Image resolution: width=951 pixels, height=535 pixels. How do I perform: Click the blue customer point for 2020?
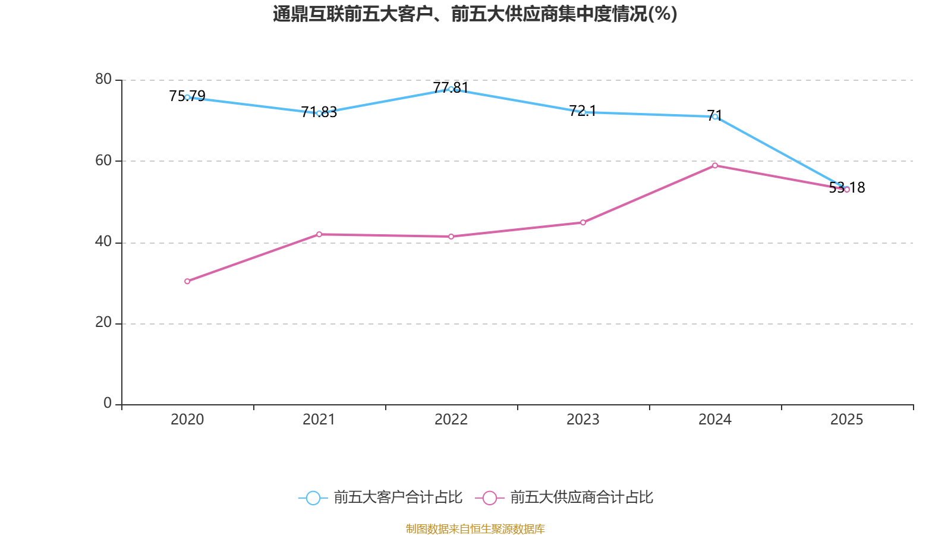[x=187, y=97]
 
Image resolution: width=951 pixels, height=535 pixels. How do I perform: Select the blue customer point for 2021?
[x=319, y=113]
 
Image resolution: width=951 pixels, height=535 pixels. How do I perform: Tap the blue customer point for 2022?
[x=451, y=89]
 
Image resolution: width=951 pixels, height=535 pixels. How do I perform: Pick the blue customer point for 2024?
[x=715, y=117]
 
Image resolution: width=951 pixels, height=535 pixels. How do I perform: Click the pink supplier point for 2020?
[x=187, y=281]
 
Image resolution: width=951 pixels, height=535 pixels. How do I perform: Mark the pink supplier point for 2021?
[x=319, y=234]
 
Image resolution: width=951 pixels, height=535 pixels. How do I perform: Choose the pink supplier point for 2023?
[x=583, y=222]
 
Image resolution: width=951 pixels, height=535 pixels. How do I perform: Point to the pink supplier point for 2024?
[x=715, y=165]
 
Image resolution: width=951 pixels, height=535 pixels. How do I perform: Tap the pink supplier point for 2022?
[x=451, y=237]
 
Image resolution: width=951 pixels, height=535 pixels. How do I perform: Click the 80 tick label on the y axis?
[x=103, y=79]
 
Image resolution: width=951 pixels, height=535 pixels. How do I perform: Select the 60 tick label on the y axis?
[x=103, y=160]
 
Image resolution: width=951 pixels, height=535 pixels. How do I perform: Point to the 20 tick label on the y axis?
[x=103, y=322]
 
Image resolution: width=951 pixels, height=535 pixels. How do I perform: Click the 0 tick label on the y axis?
[x=108, y=403]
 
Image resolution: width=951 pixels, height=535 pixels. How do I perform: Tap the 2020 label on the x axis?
[x=187, y=420]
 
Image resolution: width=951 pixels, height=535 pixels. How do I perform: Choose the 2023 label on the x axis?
[x=583, y=420]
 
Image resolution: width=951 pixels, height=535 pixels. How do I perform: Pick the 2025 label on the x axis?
[x=846, y=420]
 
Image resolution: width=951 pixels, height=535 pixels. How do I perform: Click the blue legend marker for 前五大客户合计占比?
[x=313, y=498]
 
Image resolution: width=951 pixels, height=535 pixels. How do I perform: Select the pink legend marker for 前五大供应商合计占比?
[x=489, y=498]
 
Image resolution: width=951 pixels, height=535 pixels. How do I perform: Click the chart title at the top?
[x=475, y=14]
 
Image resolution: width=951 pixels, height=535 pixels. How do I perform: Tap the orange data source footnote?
[x=475, y=528]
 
